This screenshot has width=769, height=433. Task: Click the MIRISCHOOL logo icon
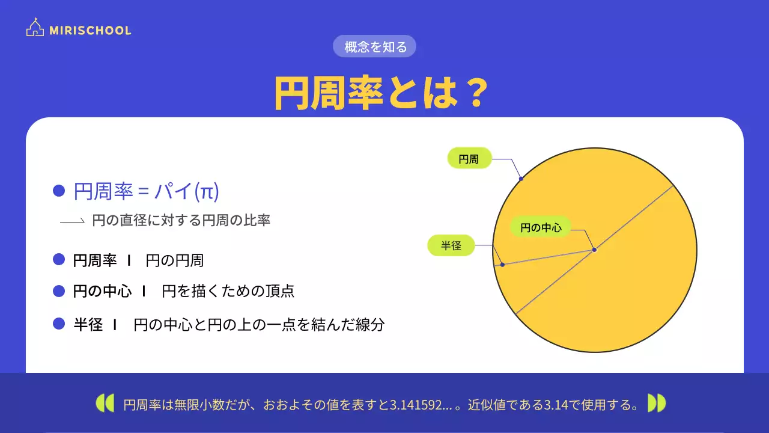35,28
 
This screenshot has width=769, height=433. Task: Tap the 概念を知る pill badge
375,46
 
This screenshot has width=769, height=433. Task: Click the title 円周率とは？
380,93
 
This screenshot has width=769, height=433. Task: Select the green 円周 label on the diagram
470,159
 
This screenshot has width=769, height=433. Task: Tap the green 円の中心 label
541,227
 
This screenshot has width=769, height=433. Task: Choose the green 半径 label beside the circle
451,245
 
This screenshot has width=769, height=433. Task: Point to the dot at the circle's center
594,250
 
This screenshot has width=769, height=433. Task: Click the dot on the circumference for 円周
521,179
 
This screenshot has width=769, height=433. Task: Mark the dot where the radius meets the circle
502,265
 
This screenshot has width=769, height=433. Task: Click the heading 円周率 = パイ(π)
146,191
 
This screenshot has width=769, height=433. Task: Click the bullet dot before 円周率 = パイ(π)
59,191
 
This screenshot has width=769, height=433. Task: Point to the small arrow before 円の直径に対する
72,221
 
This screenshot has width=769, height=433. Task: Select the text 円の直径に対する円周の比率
181,220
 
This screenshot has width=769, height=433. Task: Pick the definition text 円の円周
175,260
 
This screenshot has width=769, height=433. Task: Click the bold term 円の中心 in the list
102,292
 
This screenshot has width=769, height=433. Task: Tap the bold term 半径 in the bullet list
88,325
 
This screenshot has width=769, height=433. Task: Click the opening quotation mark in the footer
105,403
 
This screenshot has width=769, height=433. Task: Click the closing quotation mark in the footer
657,403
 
